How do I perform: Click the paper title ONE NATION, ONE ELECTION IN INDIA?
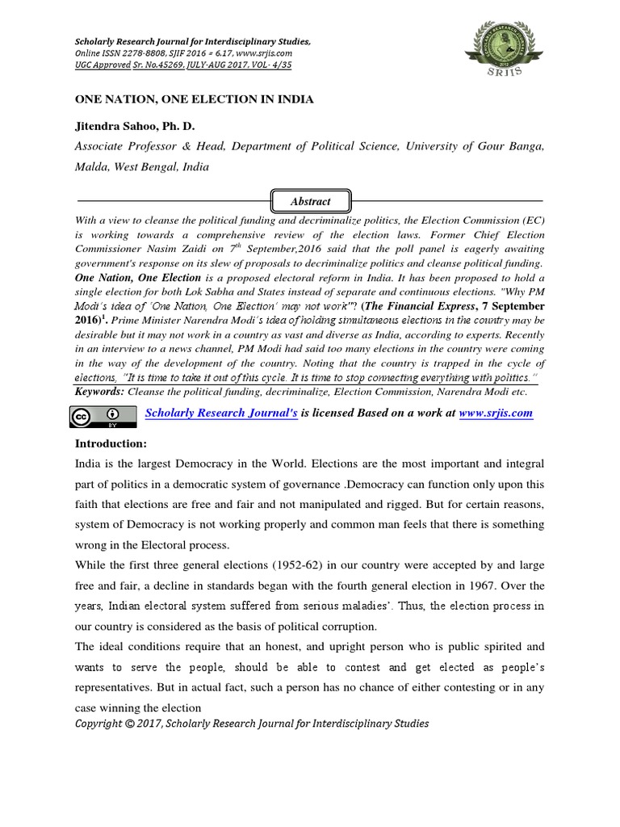(x=194, y=99)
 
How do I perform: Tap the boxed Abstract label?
(x=311, y=200)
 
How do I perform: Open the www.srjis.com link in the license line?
(x=496, y=413)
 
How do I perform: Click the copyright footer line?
(x=252, y=723)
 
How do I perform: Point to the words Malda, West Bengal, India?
(x=142, y=167)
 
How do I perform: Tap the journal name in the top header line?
(x=192, y=41)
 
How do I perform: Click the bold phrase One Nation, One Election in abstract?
(x=138, y=277)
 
